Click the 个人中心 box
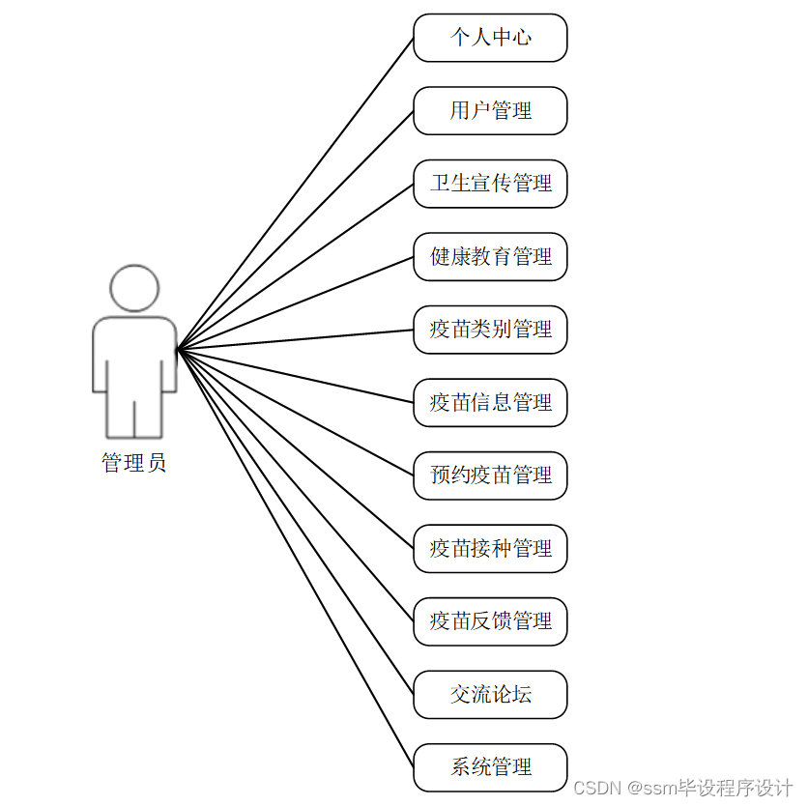click(490, 38)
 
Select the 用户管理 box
click(490, 111)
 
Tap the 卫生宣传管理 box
click(490, 184)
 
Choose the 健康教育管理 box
click(490, 257)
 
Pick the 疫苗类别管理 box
click(490, 330)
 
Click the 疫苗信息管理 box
click(490, 403)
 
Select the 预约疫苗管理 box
click(490, 475)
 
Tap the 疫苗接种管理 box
click(490, 549)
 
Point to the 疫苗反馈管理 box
click(490, 621)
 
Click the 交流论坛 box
click(490, 695)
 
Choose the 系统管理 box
click(490, 767)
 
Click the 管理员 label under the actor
click(134, 463)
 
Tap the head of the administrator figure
click(134, 288)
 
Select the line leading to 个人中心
click(295, 194)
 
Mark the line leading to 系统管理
click(295, 559)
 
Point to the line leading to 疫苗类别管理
click(295, 340)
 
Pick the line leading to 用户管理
click(295, 231)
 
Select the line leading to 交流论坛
click(295, 522)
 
